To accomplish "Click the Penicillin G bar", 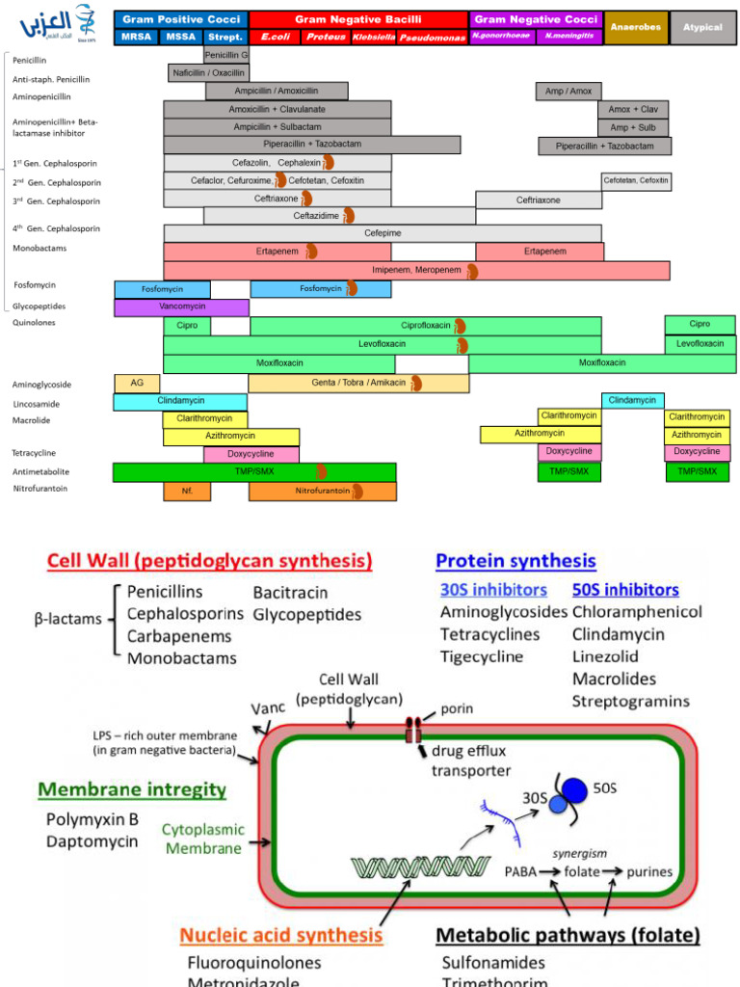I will (x=226, y=55).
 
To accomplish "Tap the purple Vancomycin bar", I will (x=181, y=307).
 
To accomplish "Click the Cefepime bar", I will (x=383, y=233).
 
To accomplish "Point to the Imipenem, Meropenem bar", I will (x=416, y=270).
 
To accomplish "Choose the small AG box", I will (x=137, y=383).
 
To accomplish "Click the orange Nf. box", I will (x=187, y=491).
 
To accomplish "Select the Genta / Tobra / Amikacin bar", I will (x=358, y=383).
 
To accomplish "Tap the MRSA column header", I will (x=136, y=37).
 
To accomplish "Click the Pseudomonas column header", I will (x=433, y=37).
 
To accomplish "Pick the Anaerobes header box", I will (x=635, y=27).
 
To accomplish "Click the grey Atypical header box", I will (x=702, y=27).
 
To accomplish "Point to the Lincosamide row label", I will (x=37, y=404).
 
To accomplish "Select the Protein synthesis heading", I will (x=515, y=560).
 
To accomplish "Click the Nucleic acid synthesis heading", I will (x=280, y=934).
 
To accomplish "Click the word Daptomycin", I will (x=92, y=841).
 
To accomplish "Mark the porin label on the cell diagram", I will (x=456, y=708).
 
